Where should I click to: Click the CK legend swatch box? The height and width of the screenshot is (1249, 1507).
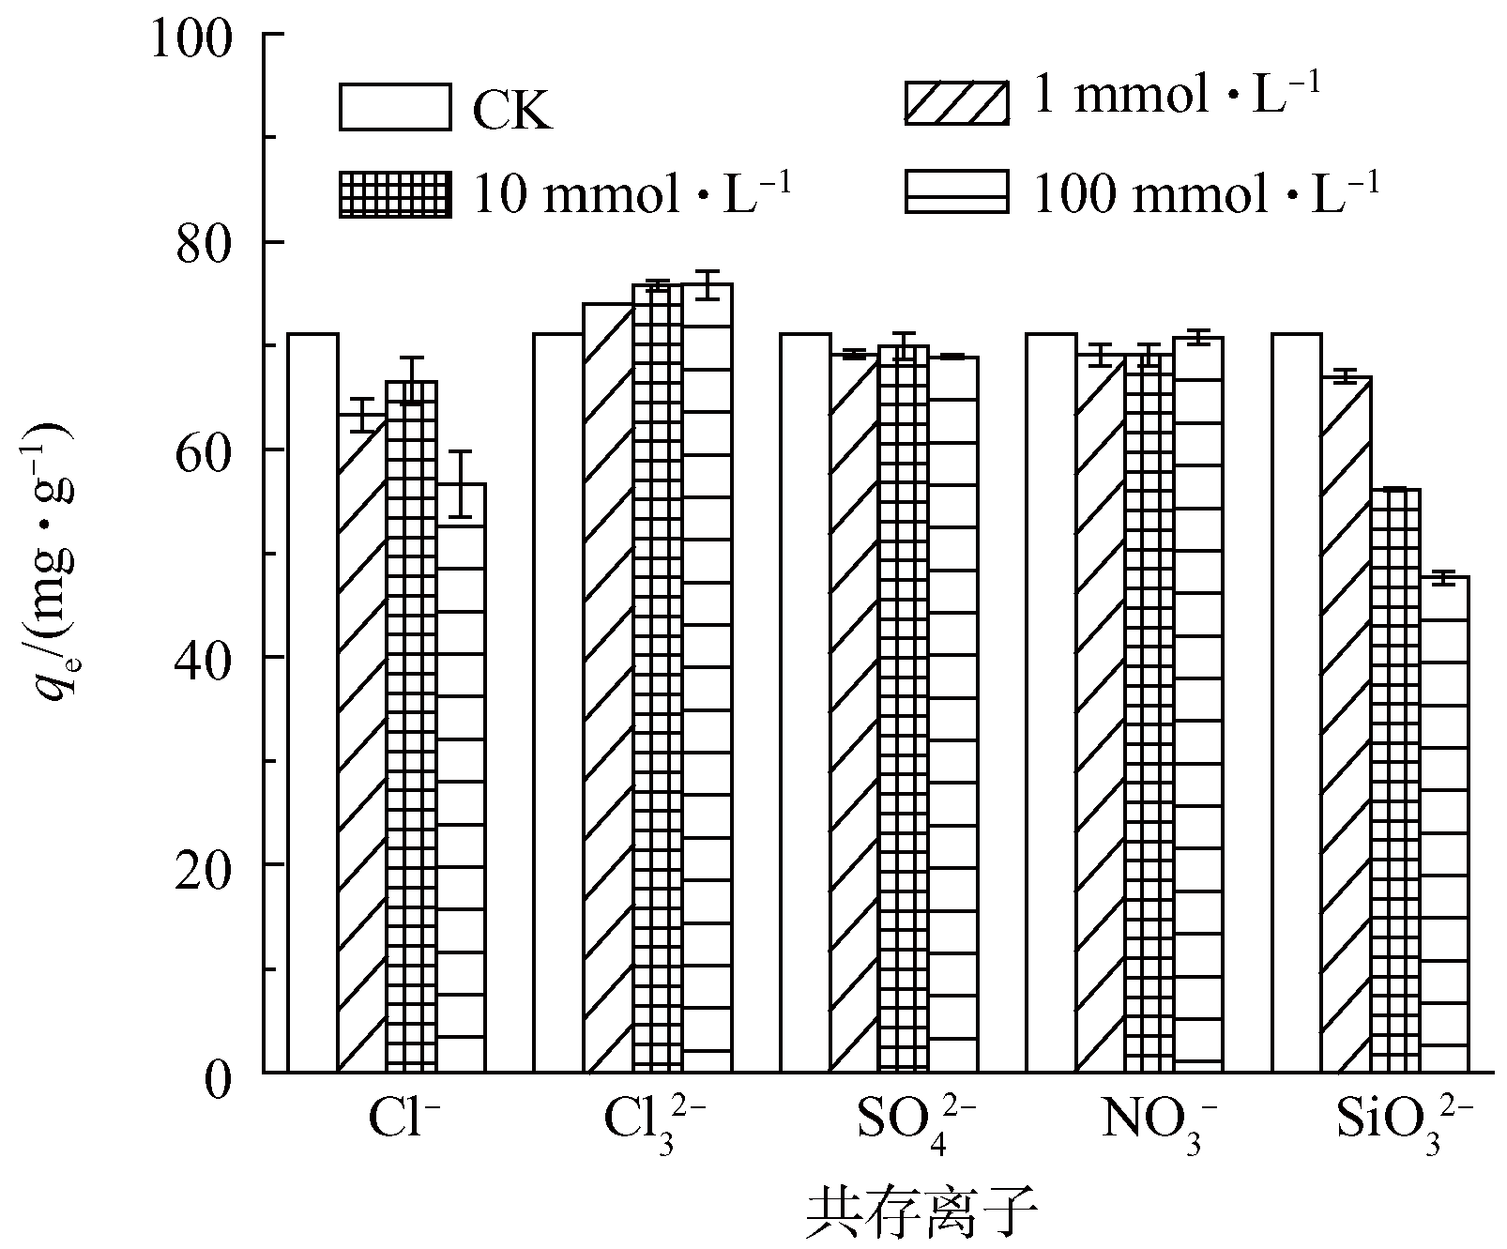coord(395,107)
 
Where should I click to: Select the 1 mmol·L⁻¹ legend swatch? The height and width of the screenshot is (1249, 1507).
coord(956,102)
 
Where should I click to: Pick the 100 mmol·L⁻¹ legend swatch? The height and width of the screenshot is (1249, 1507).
coord(956,191)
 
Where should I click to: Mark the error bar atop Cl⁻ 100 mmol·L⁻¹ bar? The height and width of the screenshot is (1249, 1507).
coord(460,483)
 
